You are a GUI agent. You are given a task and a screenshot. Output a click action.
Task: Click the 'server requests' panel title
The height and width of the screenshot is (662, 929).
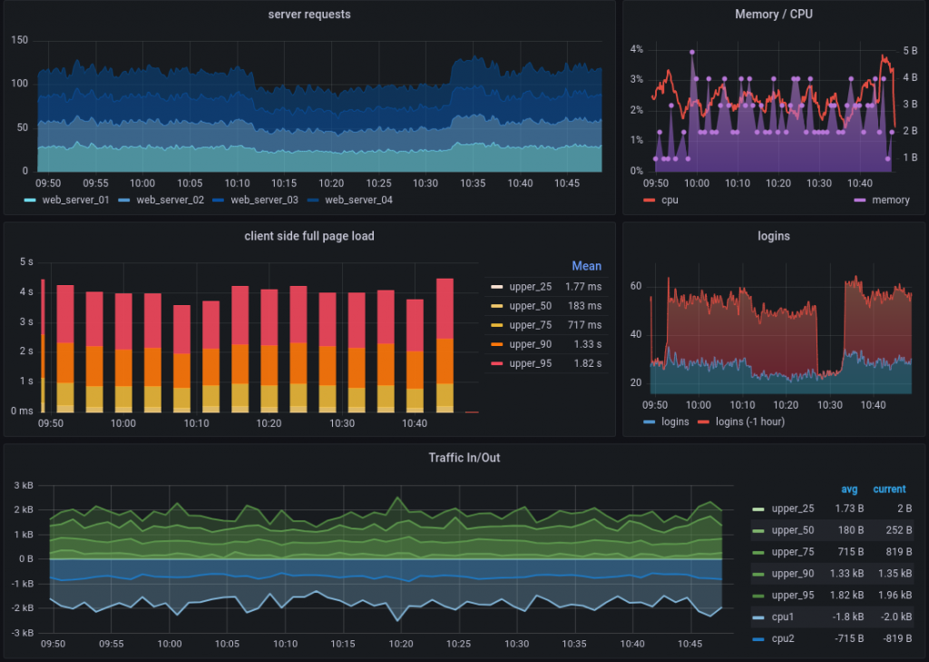(309, 15)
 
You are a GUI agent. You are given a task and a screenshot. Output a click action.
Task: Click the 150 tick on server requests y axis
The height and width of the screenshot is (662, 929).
(20, 40)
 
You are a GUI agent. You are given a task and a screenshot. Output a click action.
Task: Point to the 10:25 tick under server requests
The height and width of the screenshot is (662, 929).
(379, 183)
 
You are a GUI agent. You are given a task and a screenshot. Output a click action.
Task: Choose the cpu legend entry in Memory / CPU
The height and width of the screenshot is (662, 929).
(669, 200)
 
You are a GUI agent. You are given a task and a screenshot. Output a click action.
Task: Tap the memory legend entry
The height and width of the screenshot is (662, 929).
(889, 200)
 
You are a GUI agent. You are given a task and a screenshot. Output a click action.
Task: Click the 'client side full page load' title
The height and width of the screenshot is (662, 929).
(309, 236)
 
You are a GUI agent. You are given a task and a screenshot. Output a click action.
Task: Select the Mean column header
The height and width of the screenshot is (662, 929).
(586, 266)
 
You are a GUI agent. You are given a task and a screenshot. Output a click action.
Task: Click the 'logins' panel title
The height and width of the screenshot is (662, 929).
(773, 236)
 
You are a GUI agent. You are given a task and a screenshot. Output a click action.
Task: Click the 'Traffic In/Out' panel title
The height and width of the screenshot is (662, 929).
(464, 458)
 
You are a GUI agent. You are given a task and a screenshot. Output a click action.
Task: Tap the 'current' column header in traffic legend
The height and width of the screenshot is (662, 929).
(889, 489)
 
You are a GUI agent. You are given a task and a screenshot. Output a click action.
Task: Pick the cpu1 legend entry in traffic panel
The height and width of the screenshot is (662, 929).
(784, 618)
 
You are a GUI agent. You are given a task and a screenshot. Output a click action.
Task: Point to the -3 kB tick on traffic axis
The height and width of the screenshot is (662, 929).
(22, 632)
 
